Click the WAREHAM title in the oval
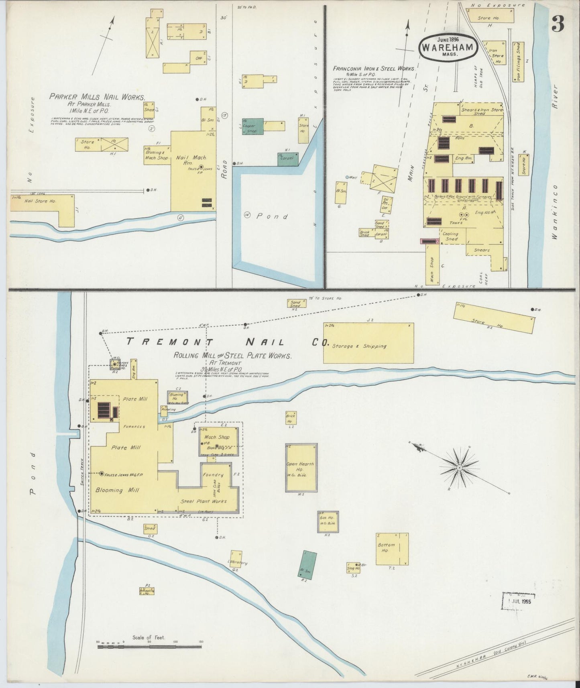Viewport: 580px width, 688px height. click(x=448, y=47)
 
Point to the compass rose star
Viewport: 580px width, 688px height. click(x=459, y=468)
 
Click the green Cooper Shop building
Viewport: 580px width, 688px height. click(x=252, y=126)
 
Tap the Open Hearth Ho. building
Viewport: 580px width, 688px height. click(x=301, y=468)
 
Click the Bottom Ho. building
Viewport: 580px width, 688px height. click(x=392, y=549)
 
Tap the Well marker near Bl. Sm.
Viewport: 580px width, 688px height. click(x=348, y=177)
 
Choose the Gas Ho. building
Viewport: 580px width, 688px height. click(x=328, y=521)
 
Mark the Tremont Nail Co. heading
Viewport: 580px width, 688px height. click(x=227, y=342)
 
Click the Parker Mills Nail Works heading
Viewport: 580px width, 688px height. click(x=97, y=96)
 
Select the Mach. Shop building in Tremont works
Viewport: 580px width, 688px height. click(x=219, y=441)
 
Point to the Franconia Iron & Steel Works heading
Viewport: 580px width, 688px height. click(x=373, y=69)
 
